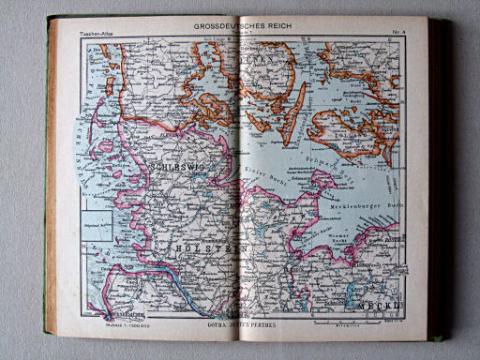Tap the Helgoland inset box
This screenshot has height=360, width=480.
(x=97, y=225)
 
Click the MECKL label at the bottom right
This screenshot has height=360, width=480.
(x=382, y=306)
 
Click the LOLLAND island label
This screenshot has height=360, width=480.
(x=351, y=132)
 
